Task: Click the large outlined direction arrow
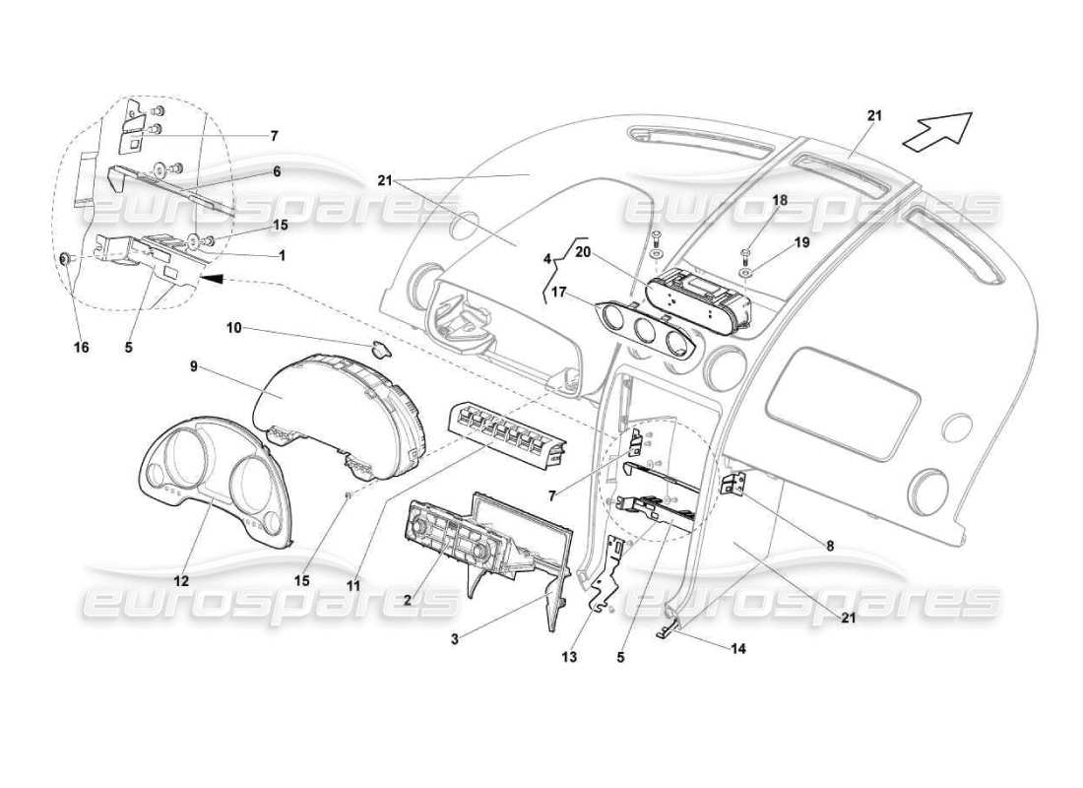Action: pos(936,131)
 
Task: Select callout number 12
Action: pos(181,582)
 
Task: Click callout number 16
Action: pos(82,348)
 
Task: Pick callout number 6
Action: pos(277,171)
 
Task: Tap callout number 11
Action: pos(353,585)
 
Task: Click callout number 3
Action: pos(456,640)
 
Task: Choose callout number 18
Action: pos(779,200)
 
